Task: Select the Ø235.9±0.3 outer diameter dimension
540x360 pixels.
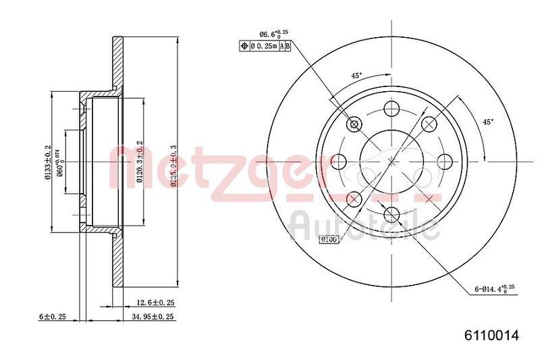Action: click(173, 169)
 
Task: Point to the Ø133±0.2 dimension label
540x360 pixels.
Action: click(48, 163)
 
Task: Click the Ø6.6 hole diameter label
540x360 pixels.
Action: click(273, 33)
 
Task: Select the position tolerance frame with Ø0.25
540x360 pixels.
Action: click(266, 45)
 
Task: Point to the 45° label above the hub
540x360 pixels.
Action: click(356, 75)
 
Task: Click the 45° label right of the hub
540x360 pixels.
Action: click(487, 122)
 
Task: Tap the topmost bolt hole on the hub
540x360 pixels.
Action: click(391, 109)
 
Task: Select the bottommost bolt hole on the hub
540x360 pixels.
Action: click(391, 214)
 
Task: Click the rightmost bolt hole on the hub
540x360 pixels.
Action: click(444, 161)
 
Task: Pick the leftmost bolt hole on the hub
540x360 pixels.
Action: click(339, 161)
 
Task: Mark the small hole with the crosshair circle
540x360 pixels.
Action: click(354, 124)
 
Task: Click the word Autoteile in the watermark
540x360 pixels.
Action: click(364, 226)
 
